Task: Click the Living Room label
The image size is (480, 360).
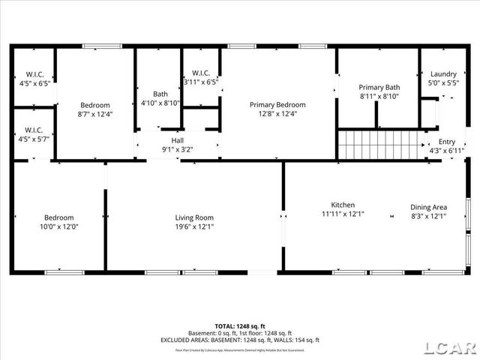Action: (x=194, y=217)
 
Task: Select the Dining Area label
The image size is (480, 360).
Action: (x=428, y=207)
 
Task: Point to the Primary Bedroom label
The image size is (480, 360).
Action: (x=277, y=105)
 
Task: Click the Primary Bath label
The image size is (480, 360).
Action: (x=379, y=87)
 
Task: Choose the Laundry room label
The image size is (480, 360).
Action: (x=442, y=74)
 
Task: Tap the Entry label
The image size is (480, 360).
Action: (x=446, y=142)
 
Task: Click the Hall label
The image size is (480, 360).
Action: (x=177, y=140)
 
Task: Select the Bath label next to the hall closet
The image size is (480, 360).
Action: (x=160, y=94)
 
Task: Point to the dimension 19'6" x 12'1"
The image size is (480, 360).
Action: (x=194, y=226)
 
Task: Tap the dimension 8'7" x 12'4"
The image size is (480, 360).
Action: (x=95, y=114)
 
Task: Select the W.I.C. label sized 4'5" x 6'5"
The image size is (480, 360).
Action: (x=34, y=74)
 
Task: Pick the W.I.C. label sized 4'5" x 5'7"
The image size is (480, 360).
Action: (x=34, y=130)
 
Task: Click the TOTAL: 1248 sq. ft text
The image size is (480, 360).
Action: (x=240, y=326)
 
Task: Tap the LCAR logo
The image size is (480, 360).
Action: (x=450, y=347)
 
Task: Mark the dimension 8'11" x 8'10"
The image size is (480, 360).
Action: (x=379, y=96)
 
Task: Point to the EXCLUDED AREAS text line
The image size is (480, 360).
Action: (x=240, y=340)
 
